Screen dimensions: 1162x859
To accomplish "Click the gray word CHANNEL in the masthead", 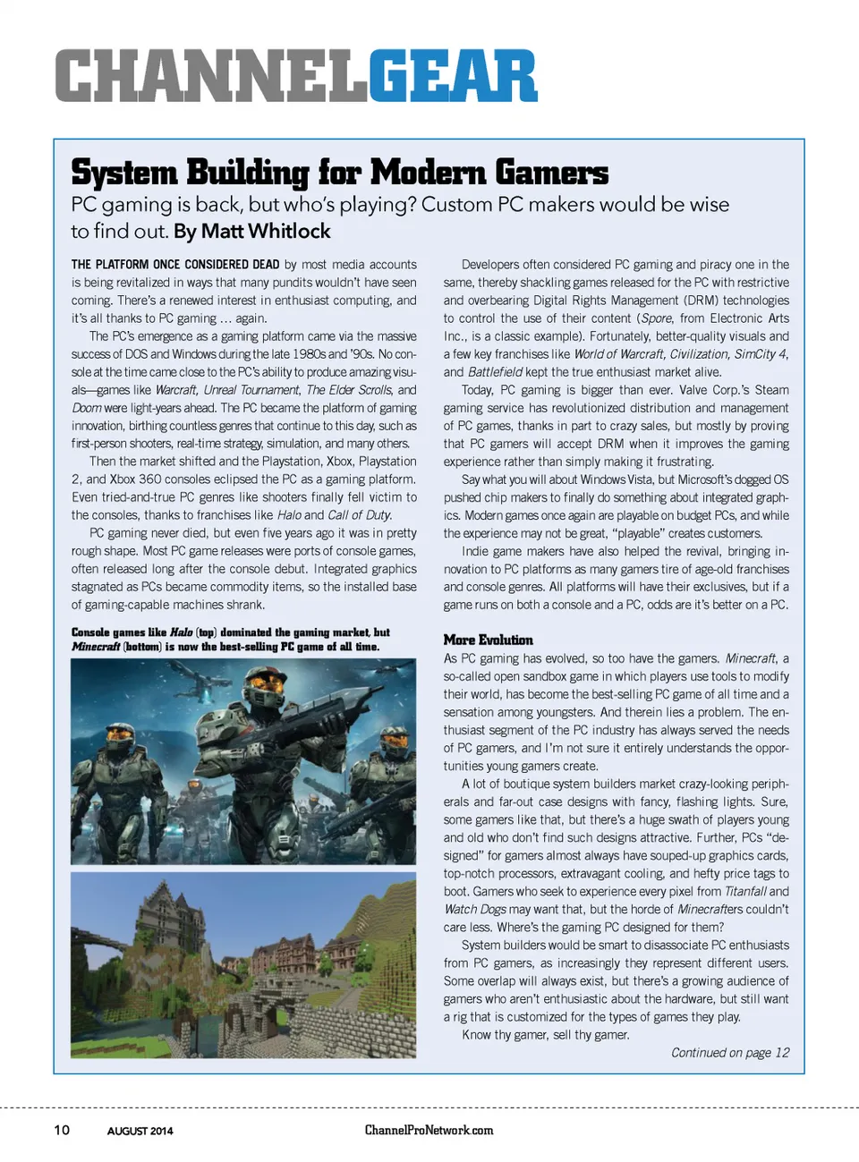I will pos(211,76).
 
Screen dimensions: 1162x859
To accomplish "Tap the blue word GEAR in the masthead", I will pos(453,76).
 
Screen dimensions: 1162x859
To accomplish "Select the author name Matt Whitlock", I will pos(266,231).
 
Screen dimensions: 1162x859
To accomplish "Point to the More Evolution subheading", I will pos(488,640).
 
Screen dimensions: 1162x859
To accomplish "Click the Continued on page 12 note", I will pos(730,1052).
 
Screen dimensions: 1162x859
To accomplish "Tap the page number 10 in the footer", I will pos(62,1130).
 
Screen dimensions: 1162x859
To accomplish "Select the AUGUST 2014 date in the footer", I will pos(140,1131).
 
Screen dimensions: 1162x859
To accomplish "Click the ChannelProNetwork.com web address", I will pos(429,1130).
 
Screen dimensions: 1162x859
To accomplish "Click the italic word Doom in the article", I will pos(87,408).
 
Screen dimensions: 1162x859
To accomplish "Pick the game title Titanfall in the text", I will pos(744,891).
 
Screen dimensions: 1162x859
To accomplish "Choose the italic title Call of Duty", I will pos(359,515).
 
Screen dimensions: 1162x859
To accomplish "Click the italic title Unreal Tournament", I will pos(251,390).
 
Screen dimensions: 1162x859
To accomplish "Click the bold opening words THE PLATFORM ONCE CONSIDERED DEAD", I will pos(175,265).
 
